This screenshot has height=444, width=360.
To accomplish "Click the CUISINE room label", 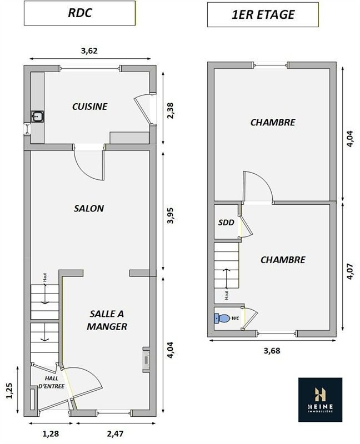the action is [x=90, y=107].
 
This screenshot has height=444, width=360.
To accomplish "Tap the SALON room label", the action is [x=89, y=209].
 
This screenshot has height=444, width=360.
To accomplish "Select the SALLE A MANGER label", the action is [x=107, y=320].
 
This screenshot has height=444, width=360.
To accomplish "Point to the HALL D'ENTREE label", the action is [x=51, y=382].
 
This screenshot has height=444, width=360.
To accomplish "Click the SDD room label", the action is [x=226, y=223].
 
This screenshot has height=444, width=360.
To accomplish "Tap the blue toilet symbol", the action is [x=222, y=318].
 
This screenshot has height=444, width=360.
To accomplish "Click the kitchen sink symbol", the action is [x=37, y=117].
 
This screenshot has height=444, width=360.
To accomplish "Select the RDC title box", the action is [x=79, y=13].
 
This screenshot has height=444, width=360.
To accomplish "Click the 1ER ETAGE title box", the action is [x=263, y=15].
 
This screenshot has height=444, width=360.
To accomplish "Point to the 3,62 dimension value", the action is [x=89, y=51].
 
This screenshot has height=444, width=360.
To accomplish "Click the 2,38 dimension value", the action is [x=171, y=110].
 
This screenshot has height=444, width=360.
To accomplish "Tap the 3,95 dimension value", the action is [x=171, y=216].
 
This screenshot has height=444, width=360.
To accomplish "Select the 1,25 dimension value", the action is [x=9, y=391].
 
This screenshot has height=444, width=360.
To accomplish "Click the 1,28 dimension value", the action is [x=51, y=433].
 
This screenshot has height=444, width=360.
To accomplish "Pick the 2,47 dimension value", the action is [x=116, y=433].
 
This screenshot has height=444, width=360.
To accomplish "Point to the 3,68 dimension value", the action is [x=272, y=351].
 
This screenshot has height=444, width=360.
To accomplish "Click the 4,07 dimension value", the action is [x=350, y=271].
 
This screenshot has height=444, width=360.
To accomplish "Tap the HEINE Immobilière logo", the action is [x=321, y=400].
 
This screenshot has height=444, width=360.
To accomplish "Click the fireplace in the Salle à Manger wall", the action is [x=146, y=360].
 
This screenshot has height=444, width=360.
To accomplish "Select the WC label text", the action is [x=235, y=318].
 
